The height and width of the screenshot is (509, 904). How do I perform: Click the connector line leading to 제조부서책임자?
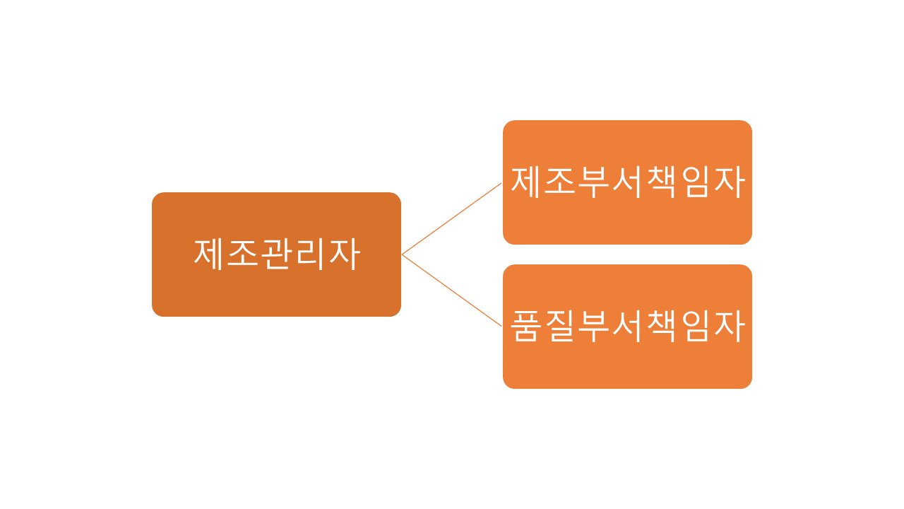tap(452, 218)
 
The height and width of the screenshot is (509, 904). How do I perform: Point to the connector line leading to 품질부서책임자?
tap(452, 291)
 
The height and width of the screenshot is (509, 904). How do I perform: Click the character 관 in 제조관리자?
tap(277, 254)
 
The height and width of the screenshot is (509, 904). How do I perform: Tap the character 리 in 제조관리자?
tap(311, 254)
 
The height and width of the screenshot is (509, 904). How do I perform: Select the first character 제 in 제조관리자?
tap(210, 254)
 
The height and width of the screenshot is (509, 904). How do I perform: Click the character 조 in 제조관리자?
tap(244, 254)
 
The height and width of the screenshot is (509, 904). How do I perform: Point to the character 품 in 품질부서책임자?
tap(526, 327)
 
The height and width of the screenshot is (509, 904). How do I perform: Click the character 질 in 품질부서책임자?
tap(560, 327)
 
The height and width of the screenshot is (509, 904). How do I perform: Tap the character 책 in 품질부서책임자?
tap(661, 327)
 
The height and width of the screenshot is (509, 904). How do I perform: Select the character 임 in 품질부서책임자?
tap(695, 327)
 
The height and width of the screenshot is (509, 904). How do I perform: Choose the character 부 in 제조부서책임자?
tap(594, 182)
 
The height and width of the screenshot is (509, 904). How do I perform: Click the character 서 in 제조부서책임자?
tap(627, 182)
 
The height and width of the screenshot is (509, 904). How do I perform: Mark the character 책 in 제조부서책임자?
tap(661, 182)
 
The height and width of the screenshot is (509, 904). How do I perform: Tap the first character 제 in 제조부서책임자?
tap(526, 182)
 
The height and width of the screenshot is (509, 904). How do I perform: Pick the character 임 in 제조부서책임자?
tap(695, 182)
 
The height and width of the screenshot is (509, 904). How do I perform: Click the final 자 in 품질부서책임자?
tap(729, 327)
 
